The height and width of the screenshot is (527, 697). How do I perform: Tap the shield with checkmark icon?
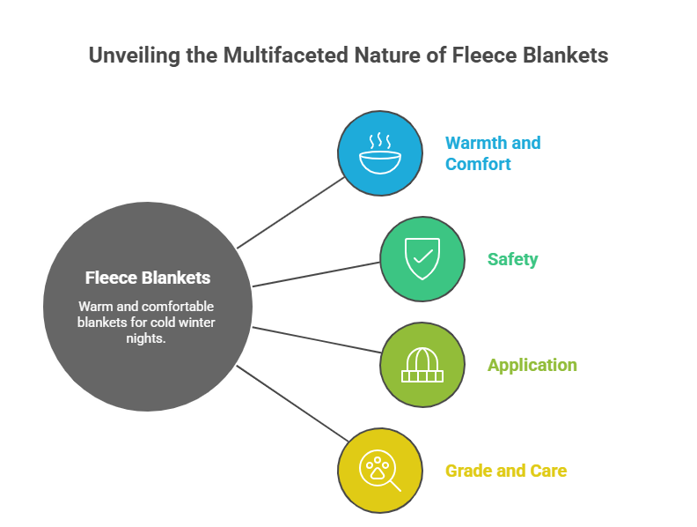point(422,259)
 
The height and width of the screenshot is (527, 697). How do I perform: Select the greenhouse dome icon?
point(422,364)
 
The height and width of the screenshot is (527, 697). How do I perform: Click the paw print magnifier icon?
point(380,470)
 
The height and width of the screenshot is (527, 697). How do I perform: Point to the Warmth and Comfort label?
point(492,153)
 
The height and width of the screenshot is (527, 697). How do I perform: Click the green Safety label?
point(512,259)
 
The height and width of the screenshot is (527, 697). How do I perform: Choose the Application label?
point(532,365)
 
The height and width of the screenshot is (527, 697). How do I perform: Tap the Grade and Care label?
point(506,471)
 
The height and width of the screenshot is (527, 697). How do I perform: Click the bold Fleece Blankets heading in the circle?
point(148,278)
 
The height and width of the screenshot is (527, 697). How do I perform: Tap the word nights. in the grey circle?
point(147,338)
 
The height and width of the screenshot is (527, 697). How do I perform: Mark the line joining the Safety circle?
point(317,273)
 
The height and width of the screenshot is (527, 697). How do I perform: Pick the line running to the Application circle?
point(317,340)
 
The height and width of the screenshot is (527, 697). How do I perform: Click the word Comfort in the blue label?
point(478,164)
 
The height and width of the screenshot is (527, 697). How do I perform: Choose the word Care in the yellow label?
point(547,471)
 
